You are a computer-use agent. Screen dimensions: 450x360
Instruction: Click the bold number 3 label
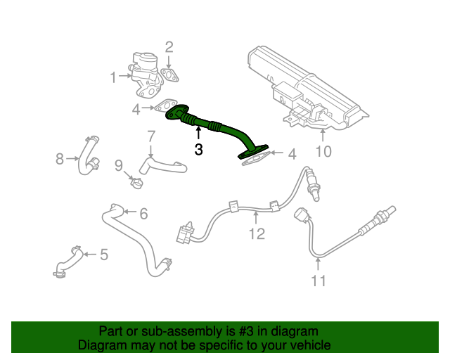198,149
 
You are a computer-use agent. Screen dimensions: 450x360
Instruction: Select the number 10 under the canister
323,151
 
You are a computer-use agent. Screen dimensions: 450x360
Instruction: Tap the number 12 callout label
257,233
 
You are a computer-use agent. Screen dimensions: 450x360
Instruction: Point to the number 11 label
319,281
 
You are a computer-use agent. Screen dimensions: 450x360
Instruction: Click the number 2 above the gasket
169,47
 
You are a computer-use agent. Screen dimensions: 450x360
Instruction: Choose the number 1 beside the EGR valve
114,77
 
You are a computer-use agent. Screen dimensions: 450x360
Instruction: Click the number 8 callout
59,159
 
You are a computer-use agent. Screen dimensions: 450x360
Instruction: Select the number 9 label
119,166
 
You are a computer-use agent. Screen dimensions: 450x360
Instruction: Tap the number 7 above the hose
151,137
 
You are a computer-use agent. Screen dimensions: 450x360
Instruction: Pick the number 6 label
143,214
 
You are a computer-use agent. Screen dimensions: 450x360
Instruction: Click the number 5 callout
104,255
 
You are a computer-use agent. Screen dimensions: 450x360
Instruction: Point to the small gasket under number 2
169,75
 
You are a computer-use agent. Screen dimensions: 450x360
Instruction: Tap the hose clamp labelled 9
136,183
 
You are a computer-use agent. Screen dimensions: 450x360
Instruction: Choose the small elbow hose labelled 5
68,262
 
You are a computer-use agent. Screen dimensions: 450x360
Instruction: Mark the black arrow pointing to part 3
198,134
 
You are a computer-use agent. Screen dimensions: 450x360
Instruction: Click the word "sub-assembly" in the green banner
181,331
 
